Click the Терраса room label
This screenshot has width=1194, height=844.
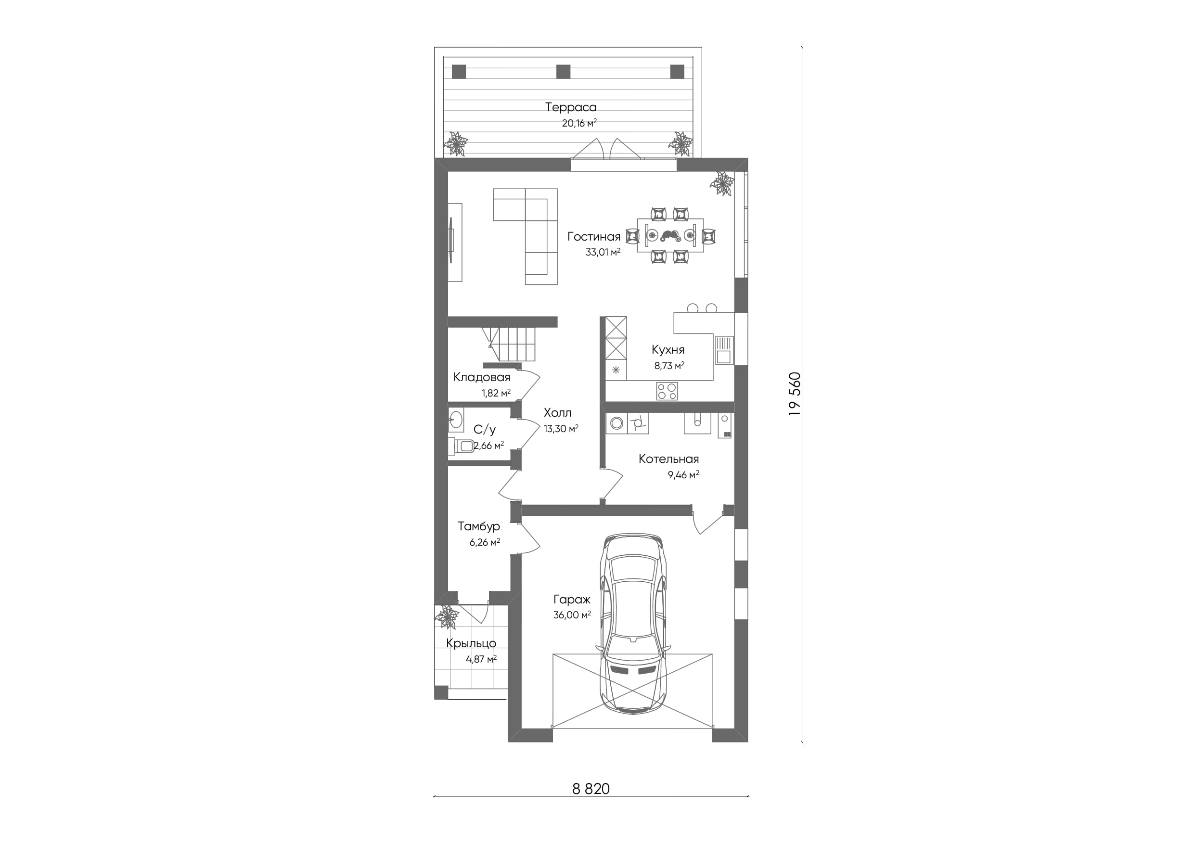[x=570, y=107]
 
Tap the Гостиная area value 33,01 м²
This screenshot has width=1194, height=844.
[x=603, y=252]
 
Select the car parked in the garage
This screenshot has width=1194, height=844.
[x=633, y=624]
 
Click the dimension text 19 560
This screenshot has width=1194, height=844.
[x=795, y=394]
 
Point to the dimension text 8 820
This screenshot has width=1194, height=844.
[x=591, y=789]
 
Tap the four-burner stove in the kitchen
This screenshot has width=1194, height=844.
[x=667, y=391]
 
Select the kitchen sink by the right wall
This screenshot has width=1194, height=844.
[x=723, y=350]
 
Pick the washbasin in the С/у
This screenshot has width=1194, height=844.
[x=456, y=420]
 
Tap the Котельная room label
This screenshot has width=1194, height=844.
[x=669, y=459]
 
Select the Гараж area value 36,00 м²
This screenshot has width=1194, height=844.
[x=572, y=615]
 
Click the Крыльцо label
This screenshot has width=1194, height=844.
[x=471, y=643]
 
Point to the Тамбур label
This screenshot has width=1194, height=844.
[x=479, y=526]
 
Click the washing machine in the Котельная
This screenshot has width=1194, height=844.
[x=617, y=423]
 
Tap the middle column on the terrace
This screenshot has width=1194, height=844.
[x=563, y=71]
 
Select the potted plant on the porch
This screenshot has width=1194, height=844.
[x=447, y=617]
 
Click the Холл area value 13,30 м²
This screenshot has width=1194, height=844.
[x=561, y=429]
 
